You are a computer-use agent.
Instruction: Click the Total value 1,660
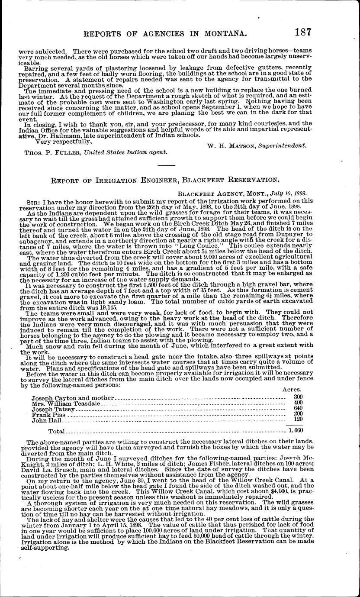click(x=296, y=431)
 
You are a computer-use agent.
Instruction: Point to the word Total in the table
click(x=57, y=431)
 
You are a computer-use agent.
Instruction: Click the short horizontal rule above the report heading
click(x=167, y=166)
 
